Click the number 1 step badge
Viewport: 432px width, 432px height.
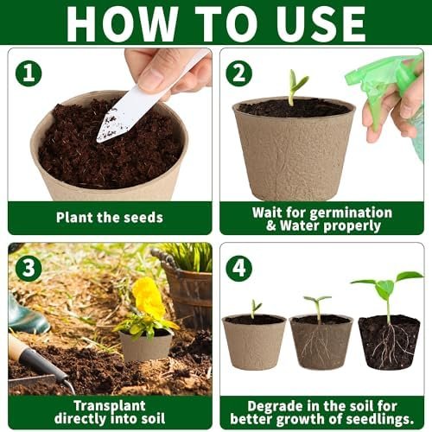pos(29,73)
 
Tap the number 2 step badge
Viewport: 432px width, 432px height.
pos(239,73)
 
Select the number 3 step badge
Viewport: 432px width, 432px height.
pos(29,268)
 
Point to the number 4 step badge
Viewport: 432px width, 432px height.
pos(239,268)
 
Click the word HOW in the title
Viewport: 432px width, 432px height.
pos(122,23)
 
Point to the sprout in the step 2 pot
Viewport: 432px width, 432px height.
pos(296,87)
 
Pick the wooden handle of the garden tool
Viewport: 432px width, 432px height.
pos(16,347)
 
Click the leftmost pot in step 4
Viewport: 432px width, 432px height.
pos(254,342)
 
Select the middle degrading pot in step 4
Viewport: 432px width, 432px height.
pos(321,342)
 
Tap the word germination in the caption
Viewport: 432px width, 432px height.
pos(351,213)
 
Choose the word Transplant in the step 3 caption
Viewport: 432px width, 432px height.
pos(110,406)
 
